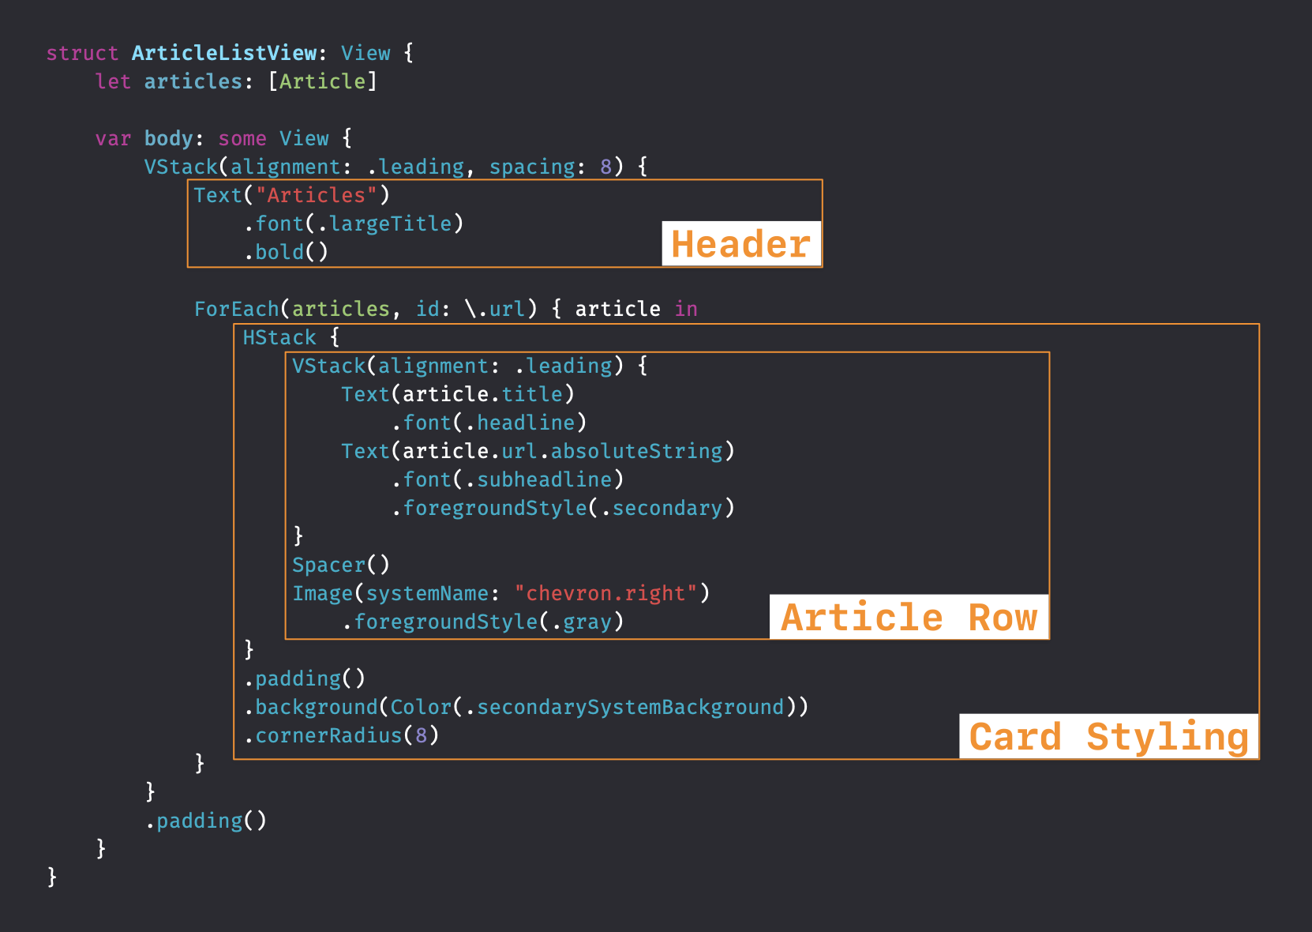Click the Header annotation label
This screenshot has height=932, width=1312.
(740, 244)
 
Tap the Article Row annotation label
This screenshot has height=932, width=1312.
(909, 617)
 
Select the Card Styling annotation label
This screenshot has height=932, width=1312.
(1108, 737)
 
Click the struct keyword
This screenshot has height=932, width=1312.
(82, 53)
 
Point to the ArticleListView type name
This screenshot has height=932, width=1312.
(224, 53)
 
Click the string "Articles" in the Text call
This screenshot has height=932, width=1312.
(316, 195)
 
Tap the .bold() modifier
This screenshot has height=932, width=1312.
(286, 252)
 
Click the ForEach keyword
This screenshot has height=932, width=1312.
(237, 309)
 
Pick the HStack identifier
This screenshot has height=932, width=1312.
(279, 337)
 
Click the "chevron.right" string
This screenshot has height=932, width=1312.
(605, 593)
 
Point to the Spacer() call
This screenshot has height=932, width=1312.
(340, 565)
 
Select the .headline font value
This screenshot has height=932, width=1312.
(520, 423)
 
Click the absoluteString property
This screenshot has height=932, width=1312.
(636, 451)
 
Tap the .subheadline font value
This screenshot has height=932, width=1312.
(538, 479)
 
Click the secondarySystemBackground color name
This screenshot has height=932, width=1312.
(630, 707)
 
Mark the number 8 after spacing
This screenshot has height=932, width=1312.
(605, 167)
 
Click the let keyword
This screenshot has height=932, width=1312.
(113, 81)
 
